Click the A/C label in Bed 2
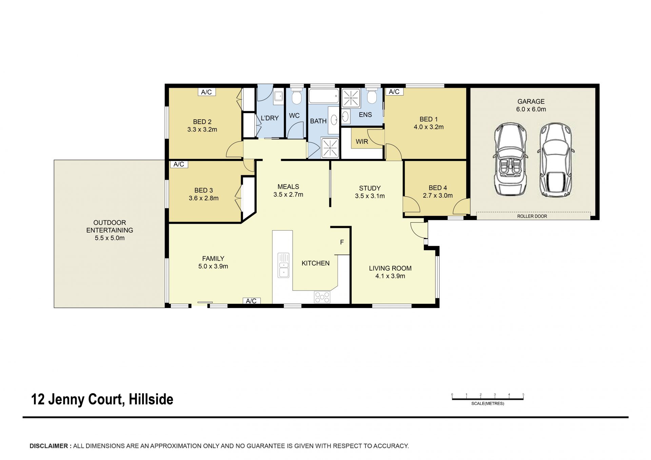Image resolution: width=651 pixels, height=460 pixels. tap(206, 92)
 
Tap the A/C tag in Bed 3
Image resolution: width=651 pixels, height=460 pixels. tap(179, 164)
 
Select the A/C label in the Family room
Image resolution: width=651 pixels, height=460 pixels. tap(251, 301)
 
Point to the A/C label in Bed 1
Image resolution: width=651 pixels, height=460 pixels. tap(394, 92)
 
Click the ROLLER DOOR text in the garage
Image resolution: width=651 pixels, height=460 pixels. tap(532, 216)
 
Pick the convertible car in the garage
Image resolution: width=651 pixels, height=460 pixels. tap(510, 159)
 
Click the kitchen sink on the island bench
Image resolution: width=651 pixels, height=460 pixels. tap(283, 265)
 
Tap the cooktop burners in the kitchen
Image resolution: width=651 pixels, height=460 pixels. tap(322, 297)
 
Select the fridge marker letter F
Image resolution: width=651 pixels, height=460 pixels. tap(342, 242)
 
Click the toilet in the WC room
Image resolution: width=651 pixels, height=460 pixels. tap(297, 97)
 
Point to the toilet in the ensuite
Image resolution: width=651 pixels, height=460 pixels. tap(372, 96)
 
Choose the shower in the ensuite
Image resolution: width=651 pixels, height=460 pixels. tap(351, 98)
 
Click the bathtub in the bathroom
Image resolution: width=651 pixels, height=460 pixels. tap(324, 96)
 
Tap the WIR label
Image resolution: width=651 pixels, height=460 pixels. tap(362, 142)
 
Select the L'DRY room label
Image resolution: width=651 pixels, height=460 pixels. tap(270, 118)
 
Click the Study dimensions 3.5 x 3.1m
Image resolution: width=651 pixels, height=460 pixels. tap(370, 196)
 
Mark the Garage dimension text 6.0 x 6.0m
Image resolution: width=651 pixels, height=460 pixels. tap(531, 109)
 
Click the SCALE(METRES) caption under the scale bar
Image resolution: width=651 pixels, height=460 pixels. tap(488, 403)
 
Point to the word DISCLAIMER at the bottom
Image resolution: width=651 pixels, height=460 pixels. tap(49, 446)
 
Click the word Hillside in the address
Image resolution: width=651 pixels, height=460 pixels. tap(151, 399)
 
